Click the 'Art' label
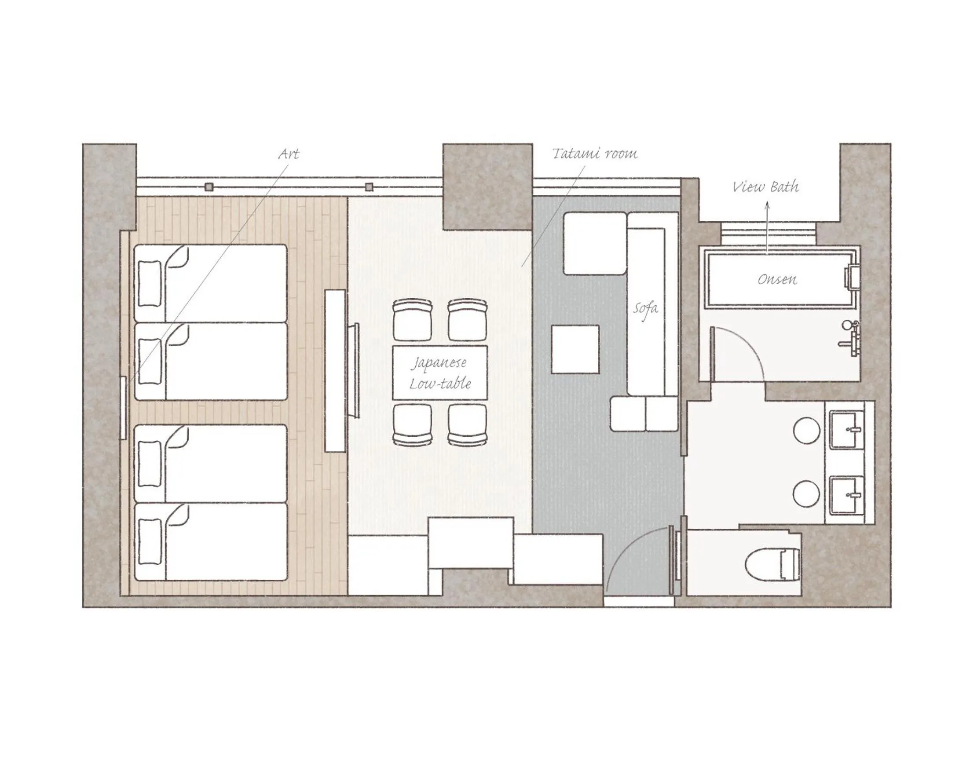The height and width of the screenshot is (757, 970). click(289, 154)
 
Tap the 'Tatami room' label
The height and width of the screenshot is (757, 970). click(595, 154)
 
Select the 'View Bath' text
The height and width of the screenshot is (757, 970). click(766, 187)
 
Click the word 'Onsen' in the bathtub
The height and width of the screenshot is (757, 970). click(777, 279)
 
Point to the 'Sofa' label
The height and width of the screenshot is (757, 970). click(645, 308)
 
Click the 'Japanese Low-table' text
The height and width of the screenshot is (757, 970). click(440, 373)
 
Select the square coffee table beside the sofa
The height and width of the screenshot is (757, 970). click(575, 349)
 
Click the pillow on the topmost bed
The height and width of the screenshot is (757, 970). click(150, 283)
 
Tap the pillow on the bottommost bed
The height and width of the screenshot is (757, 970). click(150, 541)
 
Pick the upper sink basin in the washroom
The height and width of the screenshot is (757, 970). click(847, 430)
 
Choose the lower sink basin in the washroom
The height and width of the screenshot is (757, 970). click(847, 495)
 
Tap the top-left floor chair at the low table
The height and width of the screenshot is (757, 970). click(413, 320)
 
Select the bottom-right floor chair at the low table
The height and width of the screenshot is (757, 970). click(467, 425)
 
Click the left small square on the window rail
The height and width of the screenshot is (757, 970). click(209, 187)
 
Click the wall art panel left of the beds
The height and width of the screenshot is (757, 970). click(124, 408)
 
